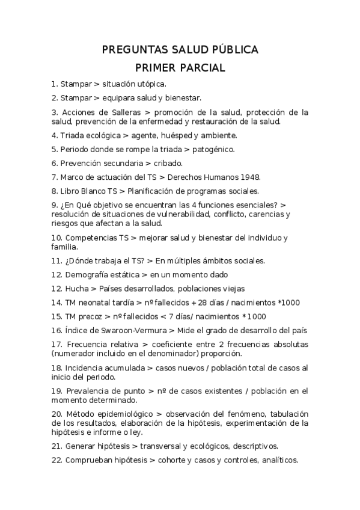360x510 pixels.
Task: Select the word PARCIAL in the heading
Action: tap(201, 68)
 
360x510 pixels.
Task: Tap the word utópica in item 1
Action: tap(151, 84)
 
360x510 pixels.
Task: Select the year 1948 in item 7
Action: tap(248, 177)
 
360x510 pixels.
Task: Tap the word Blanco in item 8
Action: tap(88, 191)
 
